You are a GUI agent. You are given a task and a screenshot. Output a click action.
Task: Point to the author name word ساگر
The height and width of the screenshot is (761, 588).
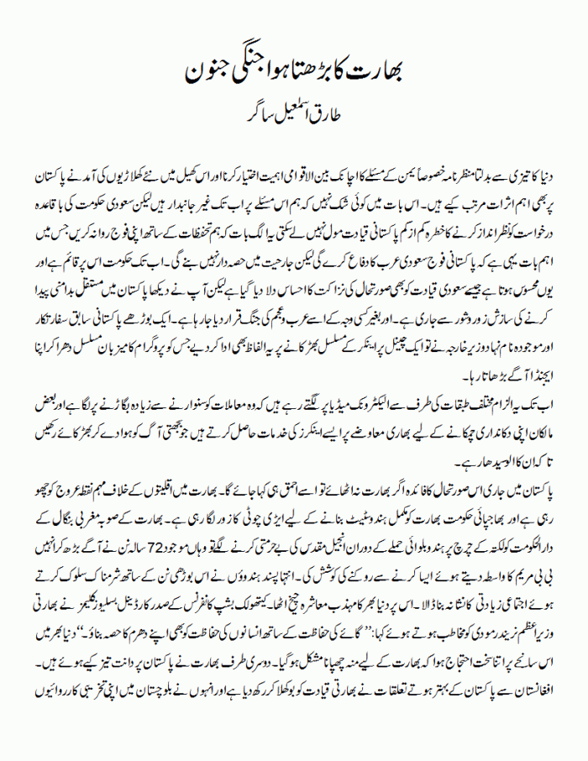pyautogui.click(x=238, y=109)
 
